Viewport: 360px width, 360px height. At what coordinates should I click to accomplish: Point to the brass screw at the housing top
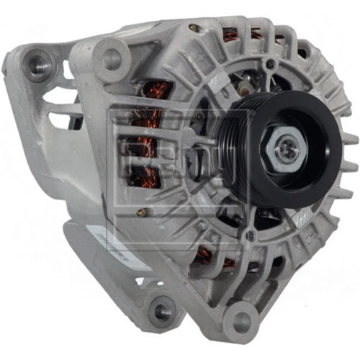(193, 28)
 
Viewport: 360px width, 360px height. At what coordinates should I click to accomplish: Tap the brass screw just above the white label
(143, 212)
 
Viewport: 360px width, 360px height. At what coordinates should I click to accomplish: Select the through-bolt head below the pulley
(250, 235)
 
